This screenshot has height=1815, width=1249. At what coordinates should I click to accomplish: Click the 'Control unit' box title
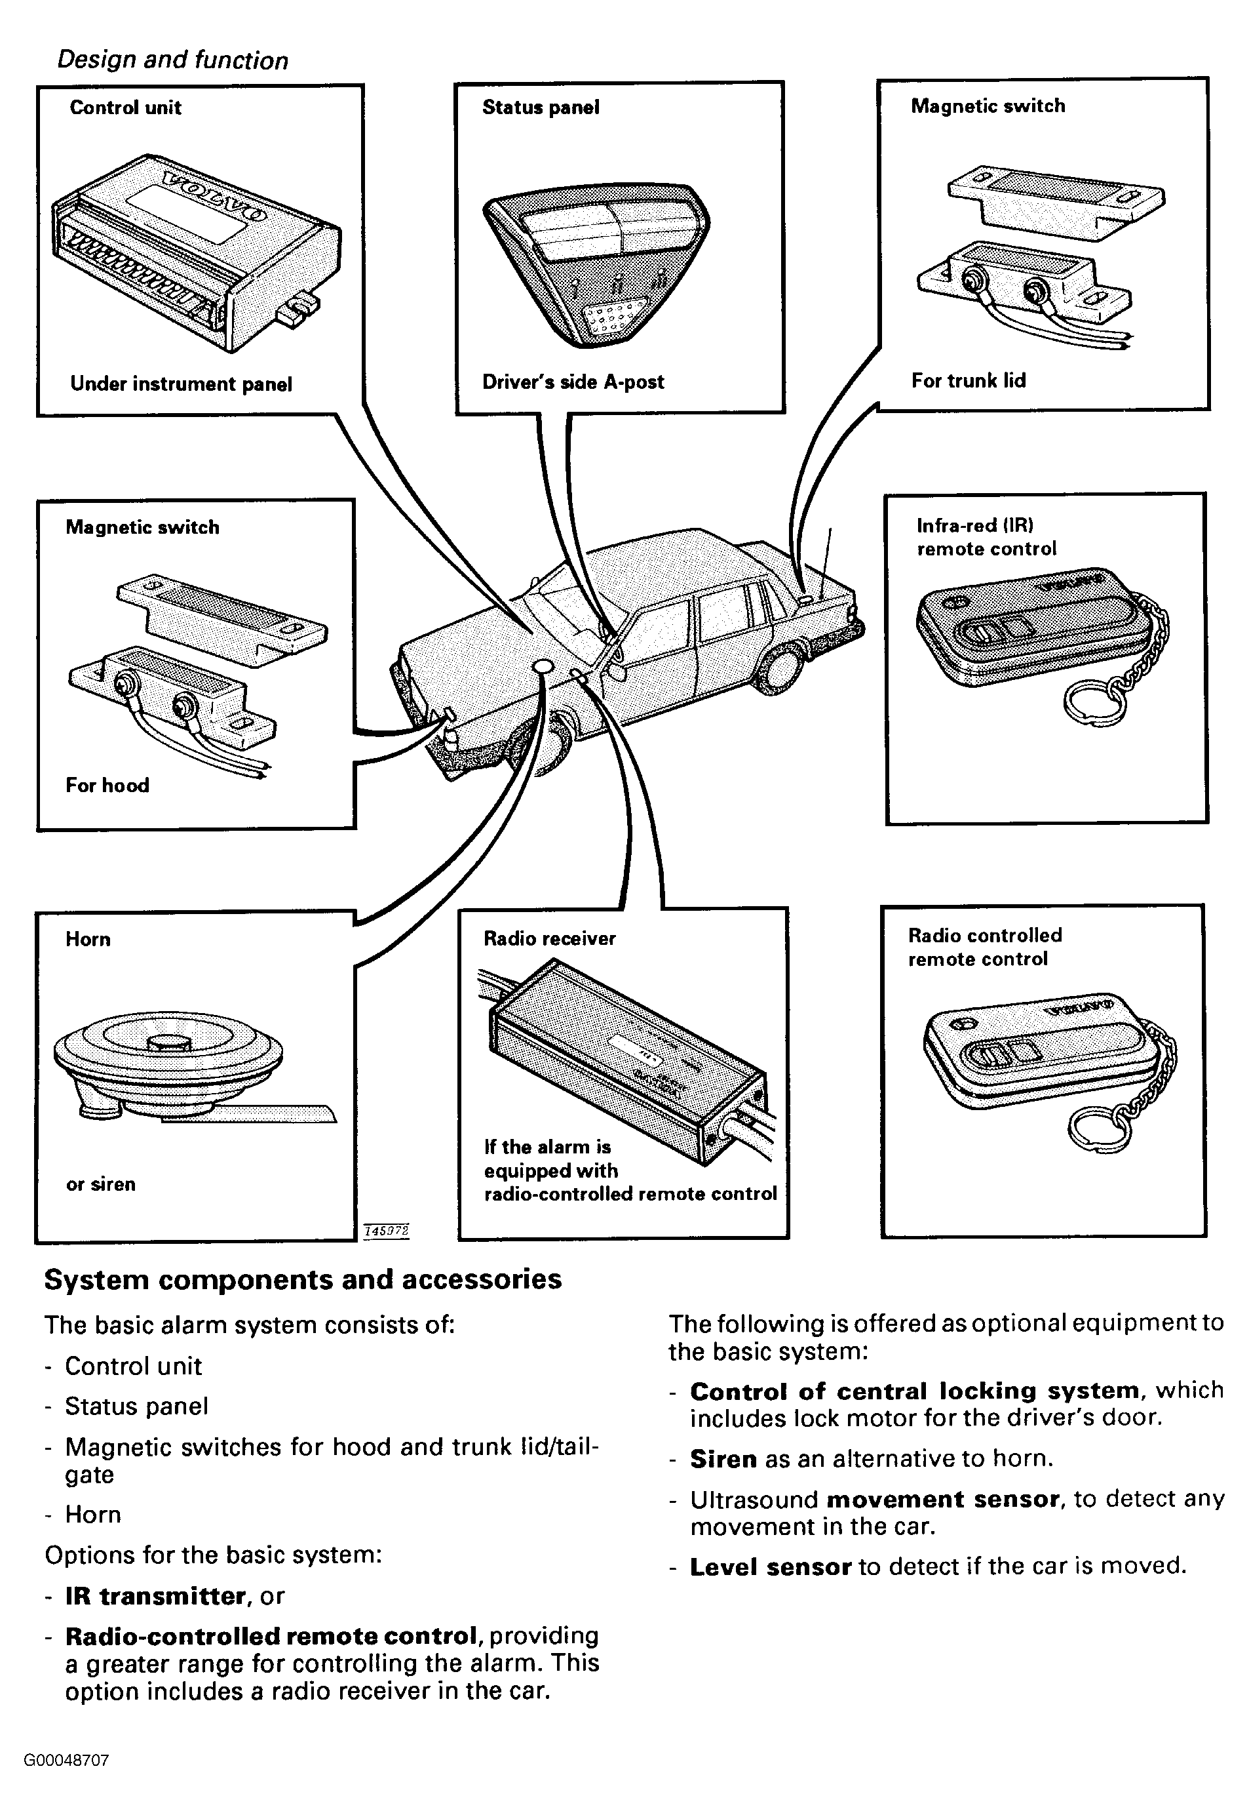[x=125, y=108]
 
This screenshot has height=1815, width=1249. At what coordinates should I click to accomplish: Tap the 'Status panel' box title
[x=541, y=108]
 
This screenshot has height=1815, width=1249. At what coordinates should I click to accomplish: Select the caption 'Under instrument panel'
[x=181, y=384]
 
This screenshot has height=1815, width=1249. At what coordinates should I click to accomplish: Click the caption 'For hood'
[x=107, y=786]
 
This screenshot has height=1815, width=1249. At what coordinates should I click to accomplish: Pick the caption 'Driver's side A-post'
[x=573, y=382]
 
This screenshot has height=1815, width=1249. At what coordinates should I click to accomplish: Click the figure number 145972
[x=387, y=1231]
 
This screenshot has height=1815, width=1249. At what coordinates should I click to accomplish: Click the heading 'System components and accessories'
[x=303, y=1279]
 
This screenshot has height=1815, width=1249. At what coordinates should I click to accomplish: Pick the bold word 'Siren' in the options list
[x=723, y=1459]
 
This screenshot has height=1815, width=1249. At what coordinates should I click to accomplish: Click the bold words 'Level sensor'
[x=770, y=1566]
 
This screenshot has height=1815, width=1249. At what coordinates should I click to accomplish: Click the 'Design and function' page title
[x=173, y=60]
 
